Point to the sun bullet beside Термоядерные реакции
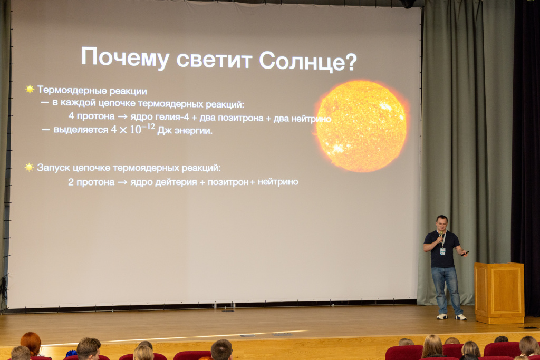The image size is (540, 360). tap(30, 90)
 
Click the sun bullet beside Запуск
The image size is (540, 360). tap(30, 167)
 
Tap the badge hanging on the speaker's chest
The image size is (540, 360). tap(442, 251)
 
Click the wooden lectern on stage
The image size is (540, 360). tap(498, 292)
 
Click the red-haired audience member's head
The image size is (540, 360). tap(31, 343)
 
